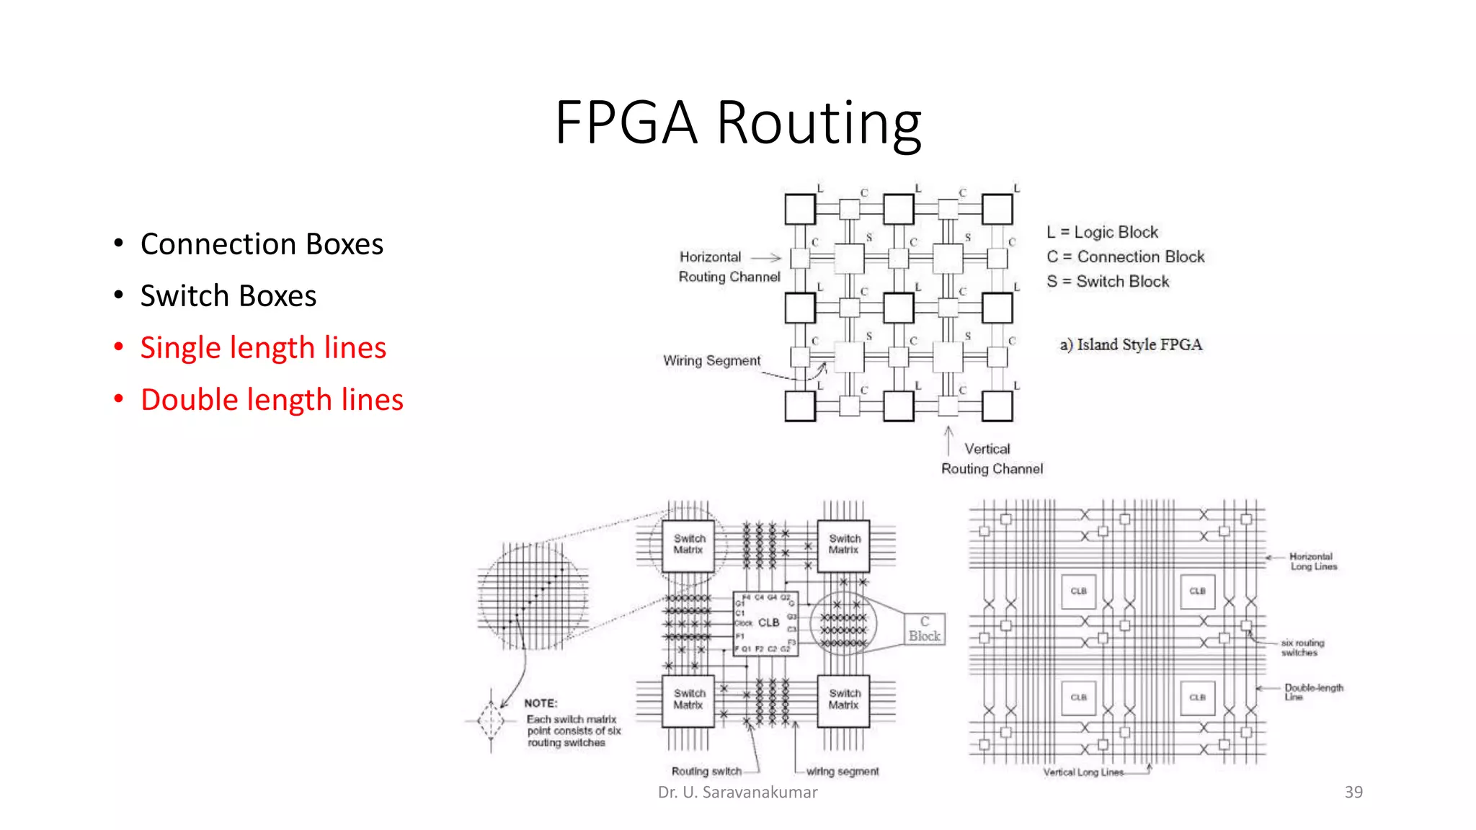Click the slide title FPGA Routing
[738, 122]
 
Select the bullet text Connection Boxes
[262, 244]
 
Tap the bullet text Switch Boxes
[228, 296]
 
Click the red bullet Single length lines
[263, 348]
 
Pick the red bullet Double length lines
[272, 400]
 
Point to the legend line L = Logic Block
[1102, 232]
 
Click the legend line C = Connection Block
[1125, 256]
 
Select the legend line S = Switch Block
[1108, 281]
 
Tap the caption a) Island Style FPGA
[1130, 344]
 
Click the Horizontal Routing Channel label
[729, 267]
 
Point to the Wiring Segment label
[711, 360]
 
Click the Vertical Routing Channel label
[992, 459]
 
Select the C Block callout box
[924, 629]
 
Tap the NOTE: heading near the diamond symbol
[541, 703]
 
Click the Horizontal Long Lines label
[1312, 561]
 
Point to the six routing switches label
[1302, 647]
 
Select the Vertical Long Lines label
[1083, 772]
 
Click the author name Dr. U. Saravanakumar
[737, 792]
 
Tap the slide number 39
[1353, 792]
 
